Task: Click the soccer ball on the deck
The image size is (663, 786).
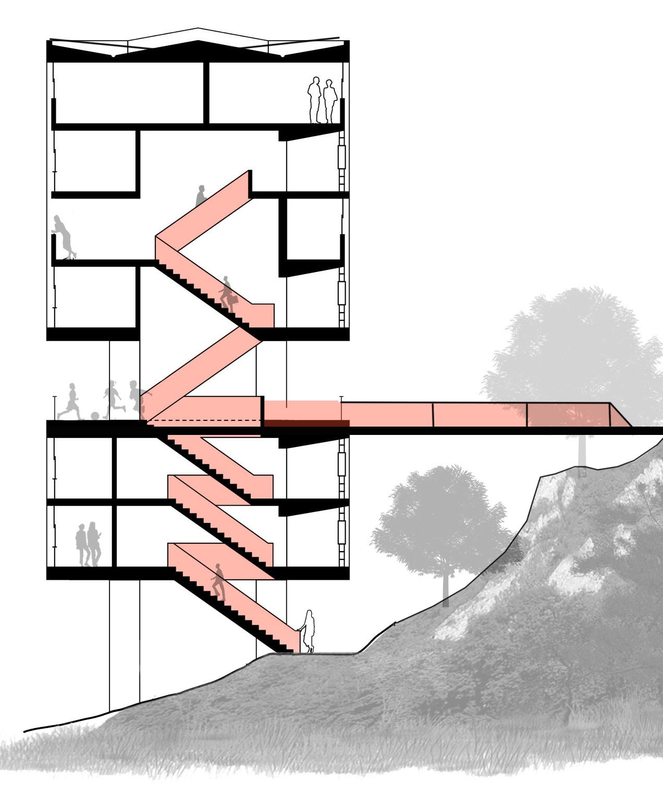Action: [95, 416]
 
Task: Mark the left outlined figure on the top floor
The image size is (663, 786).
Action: [314, 100]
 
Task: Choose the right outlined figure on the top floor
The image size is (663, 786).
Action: [329, 101]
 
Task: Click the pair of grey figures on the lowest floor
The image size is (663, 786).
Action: [88, 544]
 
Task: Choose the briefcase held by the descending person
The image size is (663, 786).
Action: [234, 301]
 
